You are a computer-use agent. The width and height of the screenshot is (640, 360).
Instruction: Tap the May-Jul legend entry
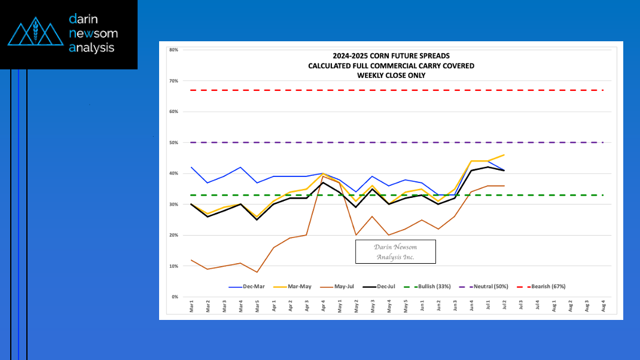coord(345,286)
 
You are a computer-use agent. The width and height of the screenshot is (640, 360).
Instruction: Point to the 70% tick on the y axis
coord(173,81)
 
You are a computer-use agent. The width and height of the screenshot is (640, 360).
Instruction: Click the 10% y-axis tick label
coord(173,266)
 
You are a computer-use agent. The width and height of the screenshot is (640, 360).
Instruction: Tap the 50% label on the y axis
coord(173,142)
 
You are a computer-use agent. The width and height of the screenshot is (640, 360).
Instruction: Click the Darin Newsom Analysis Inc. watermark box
coord(395,252)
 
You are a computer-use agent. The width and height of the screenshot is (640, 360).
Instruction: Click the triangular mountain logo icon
coord(35,33)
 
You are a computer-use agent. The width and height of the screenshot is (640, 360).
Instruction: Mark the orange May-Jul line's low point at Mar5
coord(257,272)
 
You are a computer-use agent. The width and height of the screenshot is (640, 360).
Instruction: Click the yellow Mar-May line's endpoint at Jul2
coord(504,155)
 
